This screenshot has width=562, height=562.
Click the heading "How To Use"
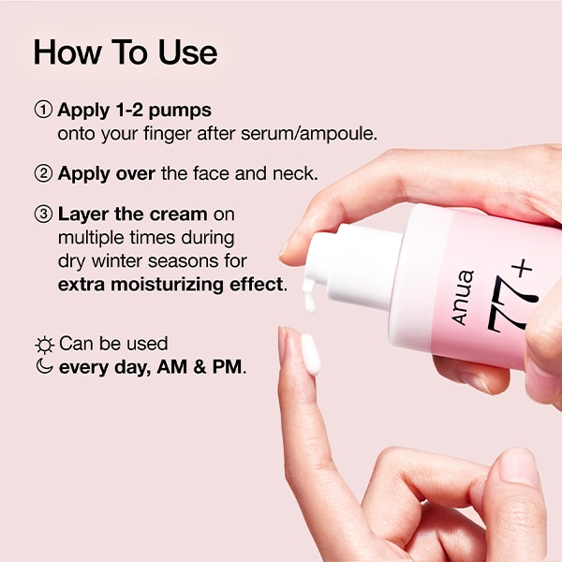pos(126,52)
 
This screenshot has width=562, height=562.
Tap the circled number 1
pos(43,110)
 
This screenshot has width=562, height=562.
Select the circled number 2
pos(43,173)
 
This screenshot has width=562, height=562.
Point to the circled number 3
pos(43,214)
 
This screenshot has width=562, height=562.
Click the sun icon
pos(45,345)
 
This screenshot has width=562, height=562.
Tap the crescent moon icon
pos(44,366)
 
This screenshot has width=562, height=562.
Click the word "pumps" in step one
pos(180,111)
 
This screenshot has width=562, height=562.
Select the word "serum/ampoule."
pos(309,134)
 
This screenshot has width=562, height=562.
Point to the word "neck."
pos(295,173)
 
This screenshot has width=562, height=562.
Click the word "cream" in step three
pos(178,214)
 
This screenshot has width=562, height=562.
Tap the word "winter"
pos(117,260)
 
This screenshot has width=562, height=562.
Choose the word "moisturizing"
pos(168,285)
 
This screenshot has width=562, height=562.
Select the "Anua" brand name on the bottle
pos(463,298)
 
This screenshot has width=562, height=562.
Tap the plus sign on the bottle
pos(522,268)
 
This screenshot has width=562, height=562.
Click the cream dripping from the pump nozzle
pos(308,296)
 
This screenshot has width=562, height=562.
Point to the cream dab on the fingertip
pos(310,354)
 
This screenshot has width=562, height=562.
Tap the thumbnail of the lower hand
pos(520,468)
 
